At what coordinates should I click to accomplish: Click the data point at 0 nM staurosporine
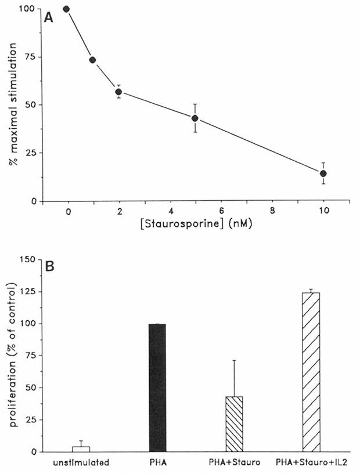click(66, 9)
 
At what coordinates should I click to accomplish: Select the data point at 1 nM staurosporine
click(92, 60)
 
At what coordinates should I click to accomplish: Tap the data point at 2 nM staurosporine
click(118, 92)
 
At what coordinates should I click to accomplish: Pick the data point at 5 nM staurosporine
click(195, 118)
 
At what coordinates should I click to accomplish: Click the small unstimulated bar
click(81, 449)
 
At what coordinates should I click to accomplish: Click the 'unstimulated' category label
click(81, 464)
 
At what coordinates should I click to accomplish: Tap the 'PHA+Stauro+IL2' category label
click(313, 464)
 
